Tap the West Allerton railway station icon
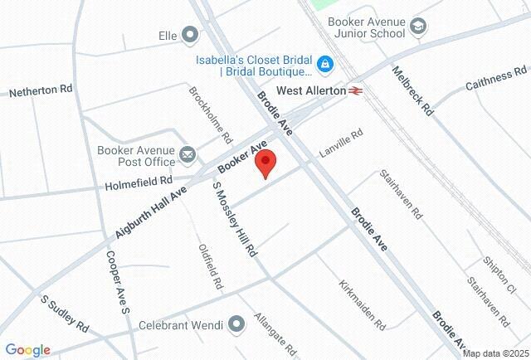tap(356, 89)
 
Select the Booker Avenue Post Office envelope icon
tap(188, 154)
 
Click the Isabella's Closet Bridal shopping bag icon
tap(326, 62)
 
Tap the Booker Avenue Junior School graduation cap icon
tap(419, 27)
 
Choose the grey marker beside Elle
tap(190, 35)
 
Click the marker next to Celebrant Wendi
tap(236, 323)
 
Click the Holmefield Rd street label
tap(139, 179)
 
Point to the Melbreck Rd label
tap(412, 91)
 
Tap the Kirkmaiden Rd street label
tap(363, 302)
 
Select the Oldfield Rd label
tap(211, 265)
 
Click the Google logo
tap(27, 350)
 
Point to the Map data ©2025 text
tap(494, 353)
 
